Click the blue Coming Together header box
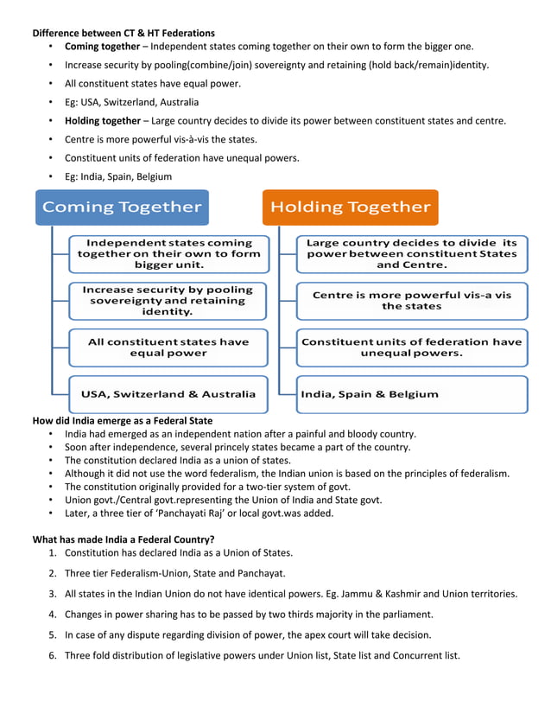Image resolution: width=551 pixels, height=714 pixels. (x=122, y=207)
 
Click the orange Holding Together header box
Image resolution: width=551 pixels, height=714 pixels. (x=350, y=207)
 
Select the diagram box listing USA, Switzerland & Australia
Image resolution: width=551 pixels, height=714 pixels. (x=168, y=394)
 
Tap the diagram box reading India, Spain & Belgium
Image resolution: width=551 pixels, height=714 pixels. (x=411, y=394)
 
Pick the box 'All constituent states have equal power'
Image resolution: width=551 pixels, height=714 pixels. (x=168, y=347)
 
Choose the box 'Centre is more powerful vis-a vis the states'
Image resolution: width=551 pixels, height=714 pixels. (x=411, y=300)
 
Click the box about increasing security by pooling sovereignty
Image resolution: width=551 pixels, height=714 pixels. (x=168, y=300)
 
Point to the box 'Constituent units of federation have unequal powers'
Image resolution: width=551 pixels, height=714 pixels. (x=411, y=347)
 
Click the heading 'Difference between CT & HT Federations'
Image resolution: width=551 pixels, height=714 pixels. (x=123, y=33)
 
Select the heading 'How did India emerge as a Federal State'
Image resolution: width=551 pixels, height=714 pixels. (x=122, y=421)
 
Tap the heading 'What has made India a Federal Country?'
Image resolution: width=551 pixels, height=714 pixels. (x=123, y=539)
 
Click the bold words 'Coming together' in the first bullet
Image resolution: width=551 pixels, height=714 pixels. (x=102, y=47)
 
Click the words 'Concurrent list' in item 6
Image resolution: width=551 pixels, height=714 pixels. (x=425, y=655)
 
